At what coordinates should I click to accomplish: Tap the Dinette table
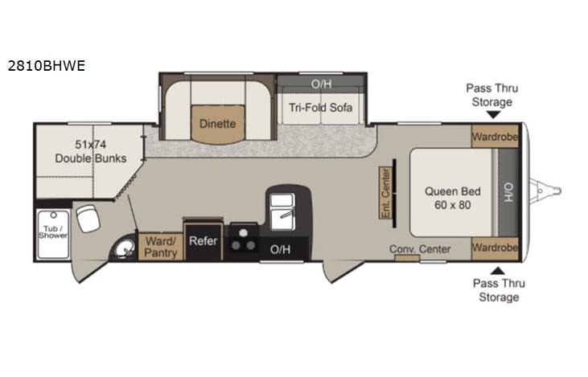(x=218, y=125)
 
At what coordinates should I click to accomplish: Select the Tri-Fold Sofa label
(x=321, y=107)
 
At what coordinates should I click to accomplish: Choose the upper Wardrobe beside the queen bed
(x=495, y=136)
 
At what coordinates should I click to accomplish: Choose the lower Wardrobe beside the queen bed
(x=495, y=248)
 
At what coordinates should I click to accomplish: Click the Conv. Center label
(x=420, y=249)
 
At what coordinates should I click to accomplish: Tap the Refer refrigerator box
(x=204, y=240)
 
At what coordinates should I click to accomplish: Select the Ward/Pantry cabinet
(x=160, y=246)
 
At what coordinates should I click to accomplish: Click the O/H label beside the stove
(x=280, y=249)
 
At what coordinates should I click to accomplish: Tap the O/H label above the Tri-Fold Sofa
(x=321, y=83)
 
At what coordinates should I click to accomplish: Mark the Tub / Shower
(x=52, y=234)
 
